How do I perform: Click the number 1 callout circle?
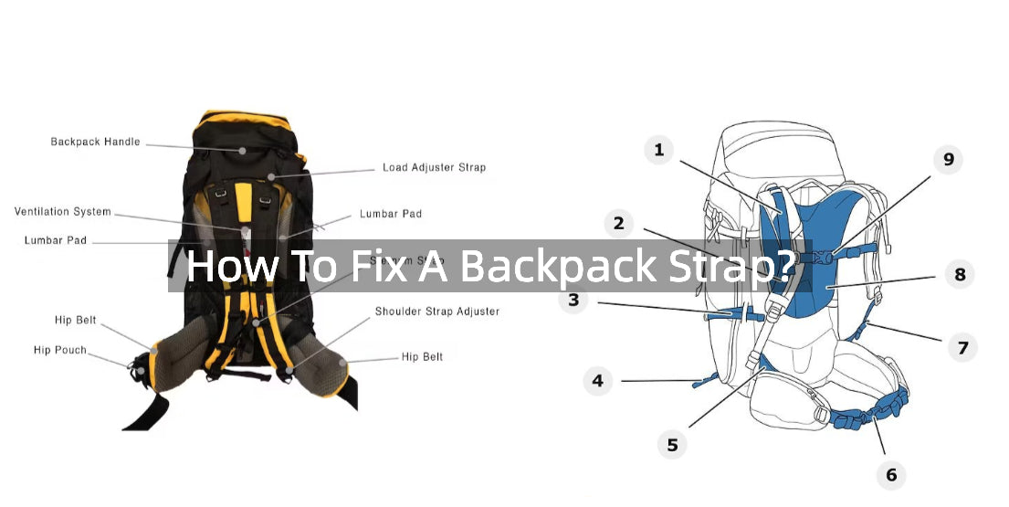659,150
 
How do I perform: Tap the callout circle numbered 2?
618,223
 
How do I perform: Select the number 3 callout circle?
573,300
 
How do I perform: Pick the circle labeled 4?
598,380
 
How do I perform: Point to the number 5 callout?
672,445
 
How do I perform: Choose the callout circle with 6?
891,474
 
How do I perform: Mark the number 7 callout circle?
962,347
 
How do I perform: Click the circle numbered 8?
960,274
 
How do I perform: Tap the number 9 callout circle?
948,160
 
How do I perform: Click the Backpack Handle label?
95,143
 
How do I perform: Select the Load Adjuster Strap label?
434,168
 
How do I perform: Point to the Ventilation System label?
62,212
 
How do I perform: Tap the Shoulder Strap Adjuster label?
436,312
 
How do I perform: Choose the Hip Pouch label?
60,350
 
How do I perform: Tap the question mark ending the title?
786,266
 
